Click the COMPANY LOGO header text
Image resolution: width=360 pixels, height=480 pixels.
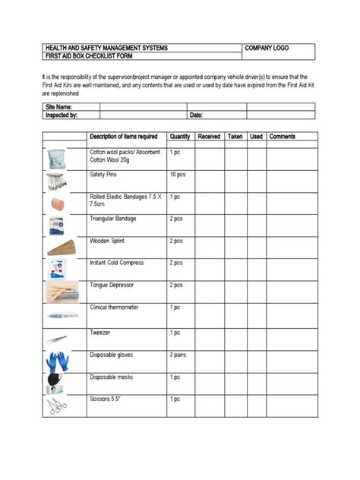267,48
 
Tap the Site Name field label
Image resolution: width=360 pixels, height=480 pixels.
59,107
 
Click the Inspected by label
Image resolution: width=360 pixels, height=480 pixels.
62,115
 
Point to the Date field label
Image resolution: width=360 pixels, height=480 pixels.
196,115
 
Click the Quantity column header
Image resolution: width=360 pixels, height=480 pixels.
180,137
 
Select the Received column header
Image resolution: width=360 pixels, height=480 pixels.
209,137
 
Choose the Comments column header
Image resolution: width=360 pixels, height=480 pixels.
282,137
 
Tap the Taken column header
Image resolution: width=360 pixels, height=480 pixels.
235,137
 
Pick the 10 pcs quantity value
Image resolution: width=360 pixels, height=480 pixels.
178,175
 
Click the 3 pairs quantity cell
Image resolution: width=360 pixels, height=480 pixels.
179,355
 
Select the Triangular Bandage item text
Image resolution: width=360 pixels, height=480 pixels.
113,219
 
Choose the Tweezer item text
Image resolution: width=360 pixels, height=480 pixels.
101,333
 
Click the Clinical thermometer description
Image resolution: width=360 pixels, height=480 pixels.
115,308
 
